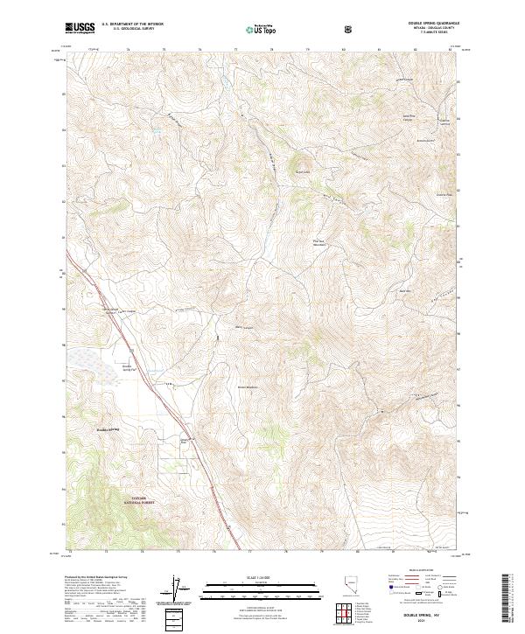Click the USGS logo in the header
click(x=80, y=28)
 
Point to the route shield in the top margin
click(x=348, y=29)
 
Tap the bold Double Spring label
click(x=107, y=429)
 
